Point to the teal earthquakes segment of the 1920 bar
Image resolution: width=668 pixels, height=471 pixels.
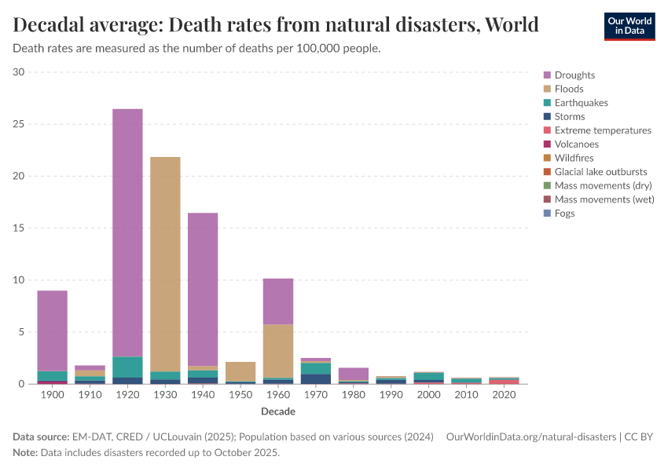click(x=127, y=367)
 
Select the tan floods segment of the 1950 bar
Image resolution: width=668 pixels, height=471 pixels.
click(x=240, y=371)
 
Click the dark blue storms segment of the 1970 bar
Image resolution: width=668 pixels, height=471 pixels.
click(x=316, y=379)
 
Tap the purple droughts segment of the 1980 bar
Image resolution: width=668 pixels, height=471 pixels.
click(x=354, y=374)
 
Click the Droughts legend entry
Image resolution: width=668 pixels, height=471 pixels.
click(x=574, y=75)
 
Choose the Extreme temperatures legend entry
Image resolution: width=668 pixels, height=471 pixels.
click(x=603, y=130)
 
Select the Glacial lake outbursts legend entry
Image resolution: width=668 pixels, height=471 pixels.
click(x=600, y=172)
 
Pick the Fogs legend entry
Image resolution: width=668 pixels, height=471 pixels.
click(x=564, y=214)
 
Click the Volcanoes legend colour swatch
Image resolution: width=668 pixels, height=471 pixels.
click(x=547, y=144)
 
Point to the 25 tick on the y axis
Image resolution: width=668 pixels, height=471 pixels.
click(x=19, y=124)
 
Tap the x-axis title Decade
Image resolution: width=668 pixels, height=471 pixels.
click(x=278, y=411)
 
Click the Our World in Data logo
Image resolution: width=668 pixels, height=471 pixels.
click(x=629, y=26)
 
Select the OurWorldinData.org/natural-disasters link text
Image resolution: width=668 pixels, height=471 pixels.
click(x=530, y=436)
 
